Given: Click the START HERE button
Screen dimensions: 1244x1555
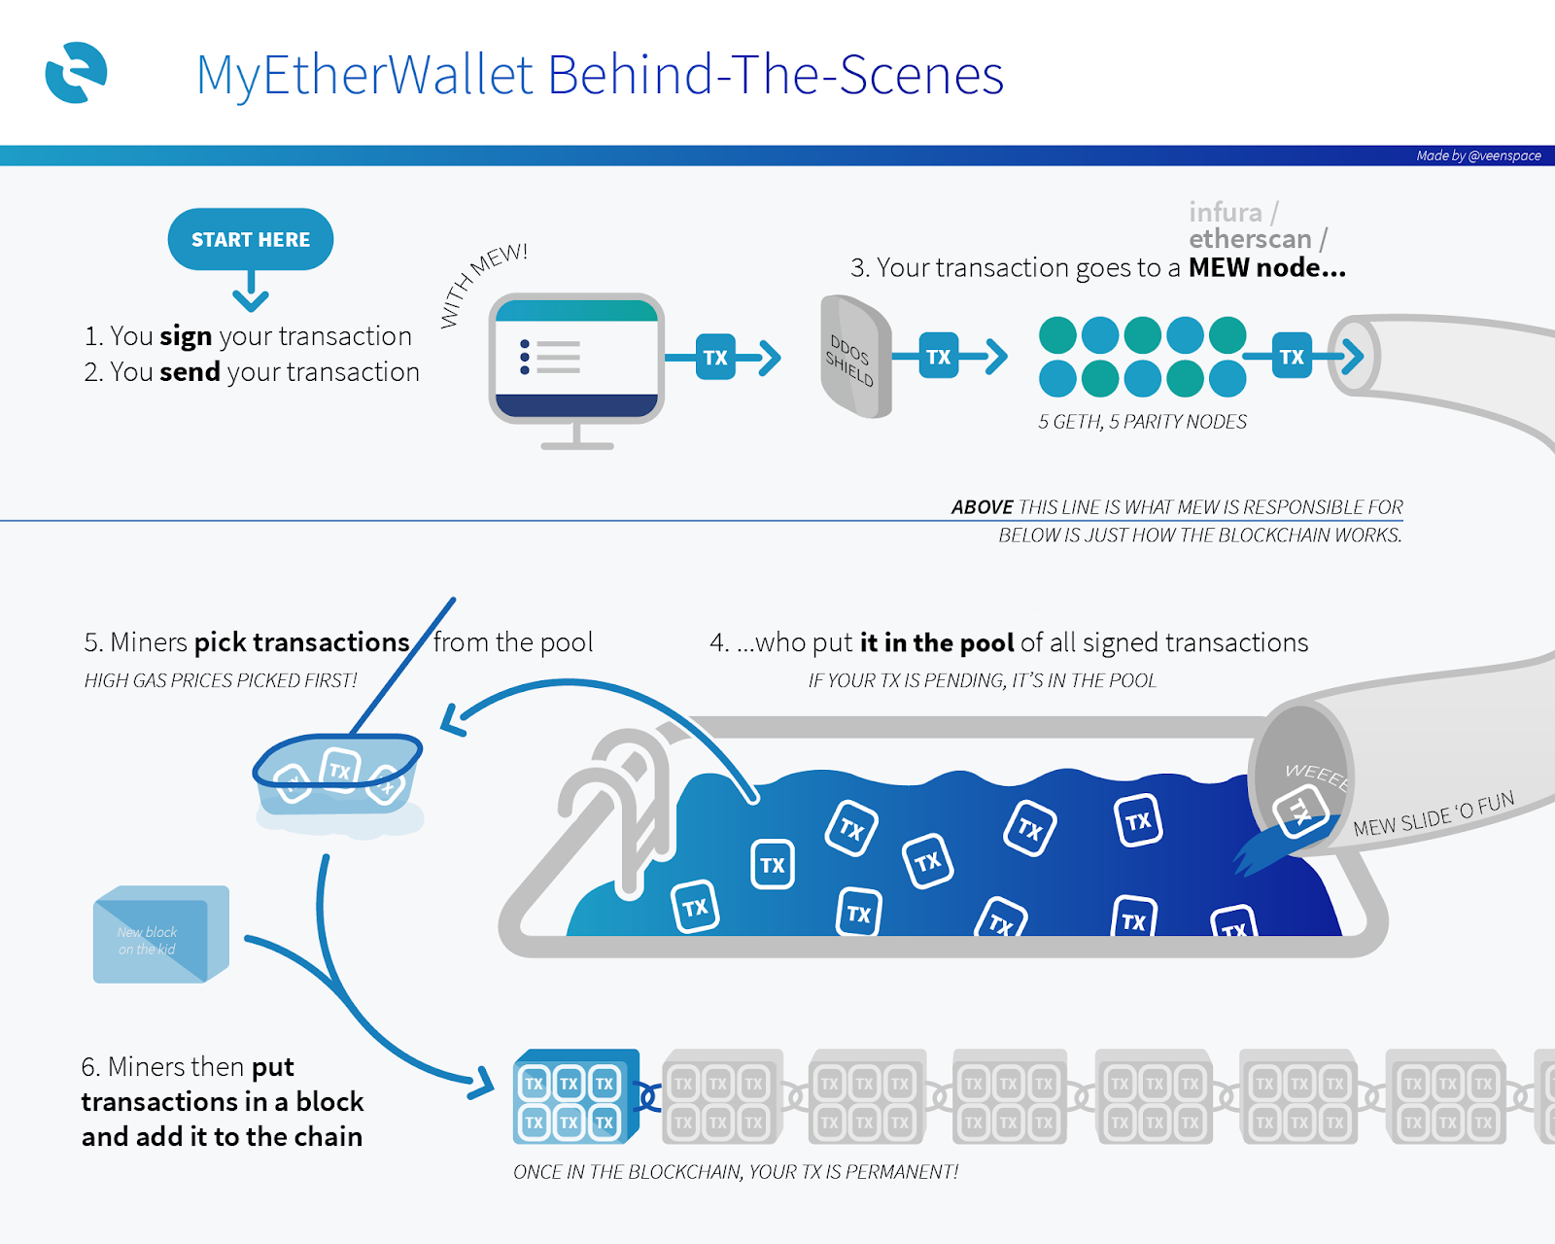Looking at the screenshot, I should [250, 239].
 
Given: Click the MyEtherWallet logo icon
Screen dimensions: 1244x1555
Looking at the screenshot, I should [76, 73].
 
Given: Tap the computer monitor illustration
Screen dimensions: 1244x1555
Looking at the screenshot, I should [577, 360].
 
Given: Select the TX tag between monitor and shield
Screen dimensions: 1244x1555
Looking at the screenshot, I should [715, 358].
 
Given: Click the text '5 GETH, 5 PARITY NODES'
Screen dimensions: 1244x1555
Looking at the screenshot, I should [1142, 422].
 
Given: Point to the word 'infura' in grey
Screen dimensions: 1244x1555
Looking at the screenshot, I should [1226, 212].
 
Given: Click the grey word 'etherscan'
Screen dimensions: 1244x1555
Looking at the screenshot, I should [1250, 239].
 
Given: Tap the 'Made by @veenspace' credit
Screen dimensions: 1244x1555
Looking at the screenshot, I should [1478, 155].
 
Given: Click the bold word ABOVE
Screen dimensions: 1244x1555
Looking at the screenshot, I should [982, 507].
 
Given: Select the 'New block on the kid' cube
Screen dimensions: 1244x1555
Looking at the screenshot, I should [160, 935].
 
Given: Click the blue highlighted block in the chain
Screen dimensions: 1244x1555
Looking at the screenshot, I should [574, 1097].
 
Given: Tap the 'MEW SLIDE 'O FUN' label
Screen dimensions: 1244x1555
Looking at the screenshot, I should [1434, 814].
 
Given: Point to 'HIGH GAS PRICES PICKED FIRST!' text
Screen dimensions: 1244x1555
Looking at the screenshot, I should [221, 680].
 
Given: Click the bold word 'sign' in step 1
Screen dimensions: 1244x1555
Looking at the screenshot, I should [186, 336].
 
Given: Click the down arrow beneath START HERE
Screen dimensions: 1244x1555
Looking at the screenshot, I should [251, 292].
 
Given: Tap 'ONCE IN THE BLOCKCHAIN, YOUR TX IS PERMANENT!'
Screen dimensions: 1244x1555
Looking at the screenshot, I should [735, 1172].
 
